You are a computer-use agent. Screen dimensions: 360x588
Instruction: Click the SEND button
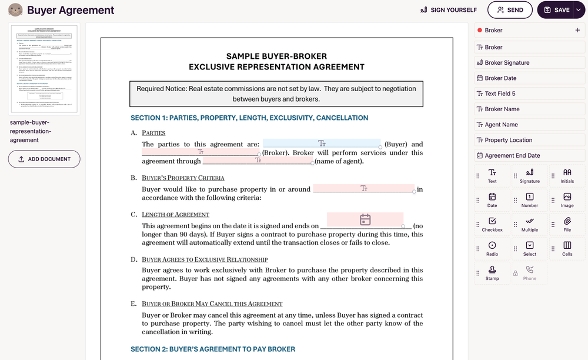click(510, 10)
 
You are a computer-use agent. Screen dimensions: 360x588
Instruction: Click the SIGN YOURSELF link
click(448, 10)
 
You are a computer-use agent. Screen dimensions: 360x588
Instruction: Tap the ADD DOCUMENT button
click(44, 159)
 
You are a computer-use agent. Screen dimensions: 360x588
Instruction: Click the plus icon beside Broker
click(577, 30)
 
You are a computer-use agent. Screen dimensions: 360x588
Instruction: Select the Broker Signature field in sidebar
click(506, 62)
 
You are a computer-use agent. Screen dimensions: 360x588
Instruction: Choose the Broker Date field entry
click(500, 78)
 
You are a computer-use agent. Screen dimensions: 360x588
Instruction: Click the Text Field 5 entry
click(499, 94)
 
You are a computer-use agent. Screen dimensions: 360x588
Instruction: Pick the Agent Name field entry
click(500, 125)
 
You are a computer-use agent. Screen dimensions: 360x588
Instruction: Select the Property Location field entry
click(508, 140)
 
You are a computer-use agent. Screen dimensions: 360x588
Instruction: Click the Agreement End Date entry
click(512, 155)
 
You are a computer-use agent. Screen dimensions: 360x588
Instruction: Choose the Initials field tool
click(567, 176)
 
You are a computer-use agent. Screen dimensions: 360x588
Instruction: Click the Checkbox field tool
click(492, 225)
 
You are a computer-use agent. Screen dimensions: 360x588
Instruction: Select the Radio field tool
click(492, 249)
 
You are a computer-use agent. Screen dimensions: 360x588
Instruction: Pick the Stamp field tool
click(492, 273)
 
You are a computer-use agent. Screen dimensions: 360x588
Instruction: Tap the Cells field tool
click(567, 249)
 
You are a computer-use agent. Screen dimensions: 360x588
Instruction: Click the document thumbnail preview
click(44, 70)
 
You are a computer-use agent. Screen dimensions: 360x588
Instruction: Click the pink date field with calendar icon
click(365, 219)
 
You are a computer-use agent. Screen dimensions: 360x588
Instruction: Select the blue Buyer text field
click(321, 143)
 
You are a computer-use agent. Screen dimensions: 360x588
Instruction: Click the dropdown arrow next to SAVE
click(578, 10)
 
